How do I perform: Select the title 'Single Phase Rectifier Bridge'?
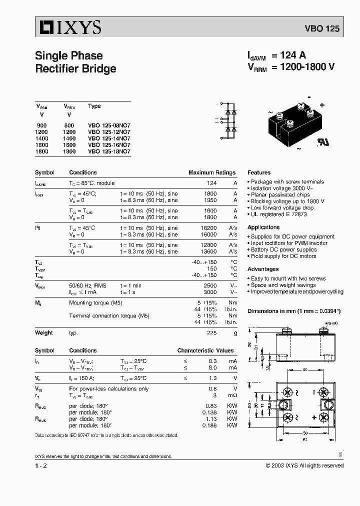(75, 62)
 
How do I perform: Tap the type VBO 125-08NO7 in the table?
(109, 125)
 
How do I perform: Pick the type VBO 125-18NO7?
(109, 151)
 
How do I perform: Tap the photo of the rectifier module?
(295, 123)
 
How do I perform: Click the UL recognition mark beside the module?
(321, 141)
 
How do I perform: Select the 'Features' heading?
(259, 172)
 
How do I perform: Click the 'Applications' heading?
(263, 227)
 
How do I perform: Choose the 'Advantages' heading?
(263, 269)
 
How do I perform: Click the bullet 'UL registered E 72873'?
(278, 214)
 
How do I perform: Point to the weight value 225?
(212, 332)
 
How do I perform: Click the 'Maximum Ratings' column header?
(211, 172)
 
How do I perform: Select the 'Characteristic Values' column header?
(205, 350)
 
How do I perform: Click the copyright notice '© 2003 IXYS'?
(304, 465)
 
